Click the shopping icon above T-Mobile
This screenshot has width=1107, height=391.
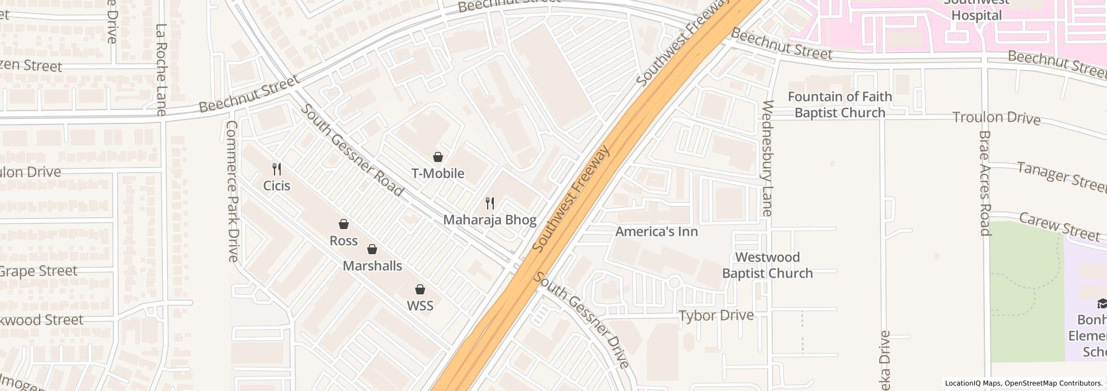click(x=438, y=158)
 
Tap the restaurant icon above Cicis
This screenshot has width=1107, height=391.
click(x=276, y=169)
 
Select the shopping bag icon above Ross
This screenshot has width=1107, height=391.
click(x=344, y=225)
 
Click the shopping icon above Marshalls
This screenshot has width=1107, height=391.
click(x=372, y=250)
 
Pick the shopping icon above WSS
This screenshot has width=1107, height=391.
click(x=420, y=290)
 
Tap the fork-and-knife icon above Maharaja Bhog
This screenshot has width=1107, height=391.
click(x=490, y=203)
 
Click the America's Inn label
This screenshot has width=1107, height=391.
click(x=656, y=231)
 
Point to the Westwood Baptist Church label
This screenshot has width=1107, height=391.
click(x=767, y=265)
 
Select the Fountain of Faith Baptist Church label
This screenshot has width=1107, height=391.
click(x=840, y=104)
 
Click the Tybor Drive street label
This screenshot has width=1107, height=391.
click(x=716, y=316)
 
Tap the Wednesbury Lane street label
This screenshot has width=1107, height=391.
click(x=767, y=158)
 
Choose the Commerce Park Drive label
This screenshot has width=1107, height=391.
click(x=232, y=191)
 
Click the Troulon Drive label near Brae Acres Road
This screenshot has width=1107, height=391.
click(x=996, y=118)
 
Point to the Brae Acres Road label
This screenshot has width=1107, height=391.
click(x=984, y=184)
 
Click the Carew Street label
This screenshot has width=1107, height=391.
click(x=1058, y=226)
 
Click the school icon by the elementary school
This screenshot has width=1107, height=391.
click(x=1102, y=304)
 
